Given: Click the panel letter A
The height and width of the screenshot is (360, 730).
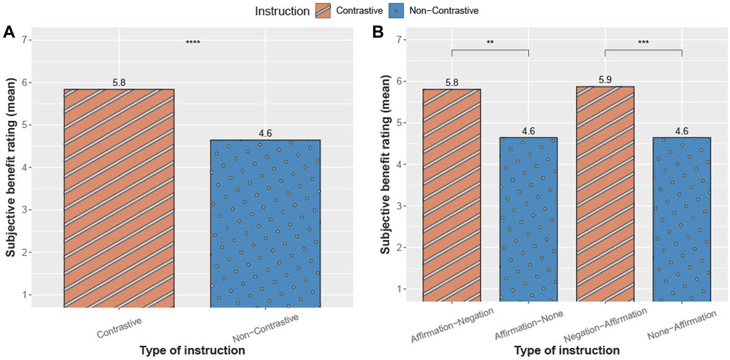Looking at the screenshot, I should click(x=9, y=32).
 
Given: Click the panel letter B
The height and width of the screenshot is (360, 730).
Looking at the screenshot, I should click(x=377, y=32).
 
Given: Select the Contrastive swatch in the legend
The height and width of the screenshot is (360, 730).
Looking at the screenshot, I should click(x=323, y=11).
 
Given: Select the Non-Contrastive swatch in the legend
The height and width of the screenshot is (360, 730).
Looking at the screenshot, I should click(x=396, y=11).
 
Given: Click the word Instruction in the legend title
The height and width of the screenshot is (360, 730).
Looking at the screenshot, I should click(x=282, y=11).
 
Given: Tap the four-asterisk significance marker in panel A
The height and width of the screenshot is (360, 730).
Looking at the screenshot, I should click(x=193, y=42).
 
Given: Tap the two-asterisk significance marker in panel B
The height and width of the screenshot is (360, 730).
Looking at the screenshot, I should click(x=490, y=42).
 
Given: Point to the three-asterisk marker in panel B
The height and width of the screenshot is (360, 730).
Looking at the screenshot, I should click(x=643, y=42).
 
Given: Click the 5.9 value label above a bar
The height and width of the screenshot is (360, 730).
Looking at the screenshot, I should click(x=605, y=80).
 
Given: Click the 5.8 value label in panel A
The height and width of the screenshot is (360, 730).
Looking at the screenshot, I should click(x=119, y=83).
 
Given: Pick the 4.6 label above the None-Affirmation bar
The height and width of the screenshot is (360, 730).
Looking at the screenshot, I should click(x=681, y=131).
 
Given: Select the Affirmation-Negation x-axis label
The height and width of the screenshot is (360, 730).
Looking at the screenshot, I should click(x=452, y=325).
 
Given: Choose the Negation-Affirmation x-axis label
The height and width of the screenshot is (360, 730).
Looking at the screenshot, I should click(x=605, y=325).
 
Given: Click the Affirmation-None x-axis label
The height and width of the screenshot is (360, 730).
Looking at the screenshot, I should click(x=529, y=325).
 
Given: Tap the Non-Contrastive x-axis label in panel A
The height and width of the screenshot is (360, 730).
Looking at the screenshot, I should click(x=265, y=329).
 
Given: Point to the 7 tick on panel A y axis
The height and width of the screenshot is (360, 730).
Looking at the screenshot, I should click(x=24, y=40).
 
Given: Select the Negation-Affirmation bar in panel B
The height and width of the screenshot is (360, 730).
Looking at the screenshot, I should click(x=605, y=194).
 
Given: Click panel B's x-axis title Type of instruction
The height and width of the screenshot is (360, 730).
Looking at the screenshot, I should click(x=566, y=351).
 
